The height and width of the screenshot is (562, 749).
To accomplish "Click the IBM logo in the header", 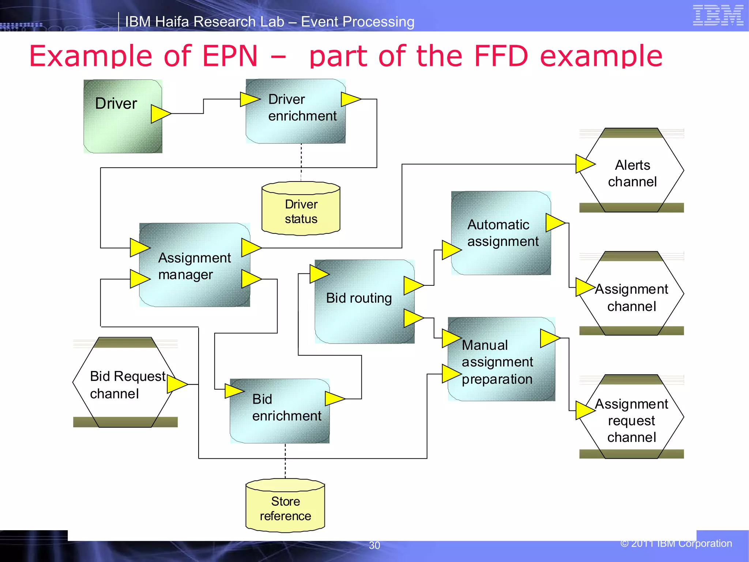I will pos(718,15).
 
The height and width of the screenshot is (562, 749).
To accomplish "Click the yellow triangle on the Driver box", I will pos(160,114).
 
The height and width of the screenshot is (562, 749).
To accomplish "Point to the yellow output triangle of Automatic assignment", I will pos(554,223).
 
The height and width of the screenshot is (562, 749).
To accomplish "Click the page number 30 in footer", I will pos(374,545).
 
